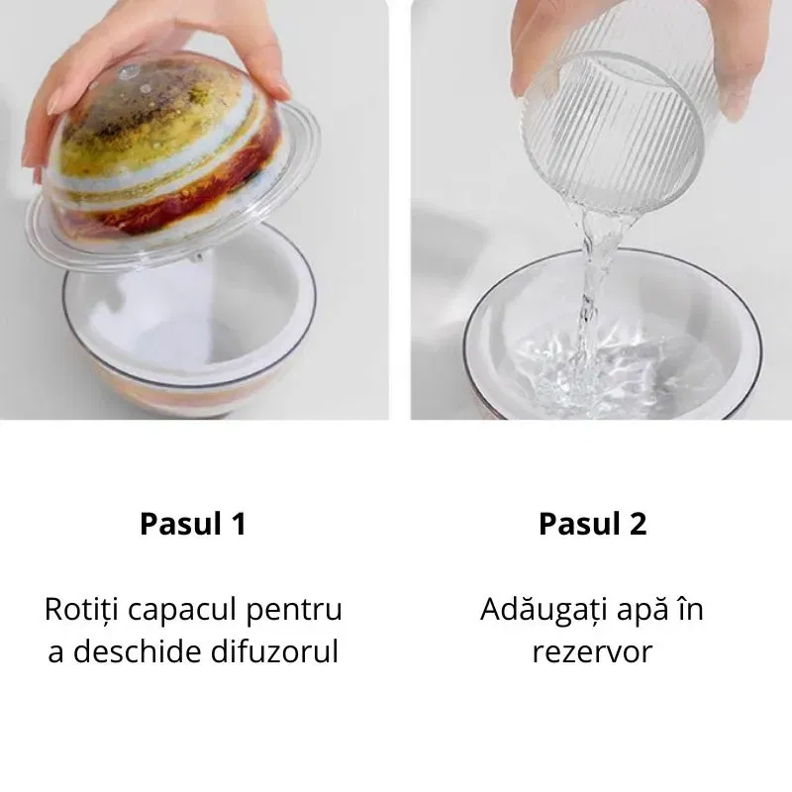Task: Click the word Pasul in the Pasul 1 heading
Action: (x=181, y=524)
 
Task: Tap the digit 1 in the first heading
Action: (x=239, y=524)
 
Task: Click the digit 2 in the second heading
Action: (x=638, y=524)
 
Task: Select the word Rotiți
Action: (x=81, y=610)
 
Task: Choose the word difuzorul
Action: (x=274, y=651)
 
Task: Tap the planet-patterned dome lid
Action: (x=166, y=151)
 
